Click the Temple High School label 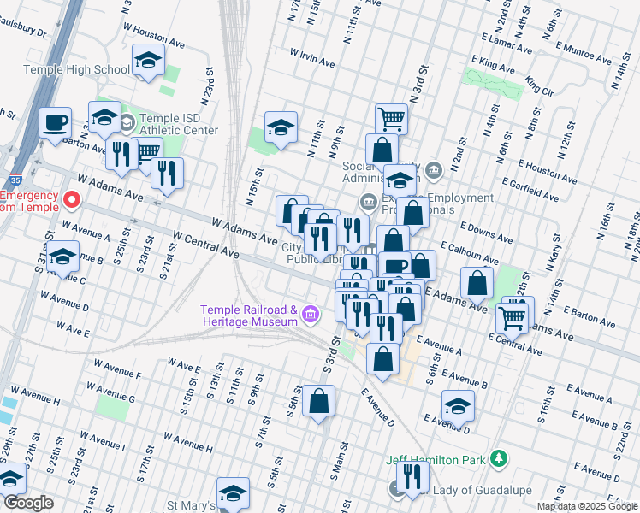(x=77, y=69)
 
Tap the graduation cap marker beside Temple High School (x=148, y=61)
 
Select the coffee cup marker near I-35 (x=56, y=122)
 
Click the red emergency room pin (x=72, y=201)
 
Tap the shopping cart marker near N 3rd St (x=391, y=118)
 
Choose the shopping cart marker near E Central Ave (x=513, y=317)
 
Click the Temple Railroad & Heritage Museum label (x=249, y=315)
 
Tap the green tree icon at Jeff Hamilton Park (x=496, y=460)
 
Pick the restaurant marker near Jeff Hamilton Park (x=412, y=477)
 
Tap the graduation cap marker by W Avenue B (x=62, y=256)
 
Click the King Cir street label (x=539, y=85)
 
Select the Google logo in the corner (x=28, y=503)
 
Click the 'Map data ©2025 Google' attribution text (x=587, y=506)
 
